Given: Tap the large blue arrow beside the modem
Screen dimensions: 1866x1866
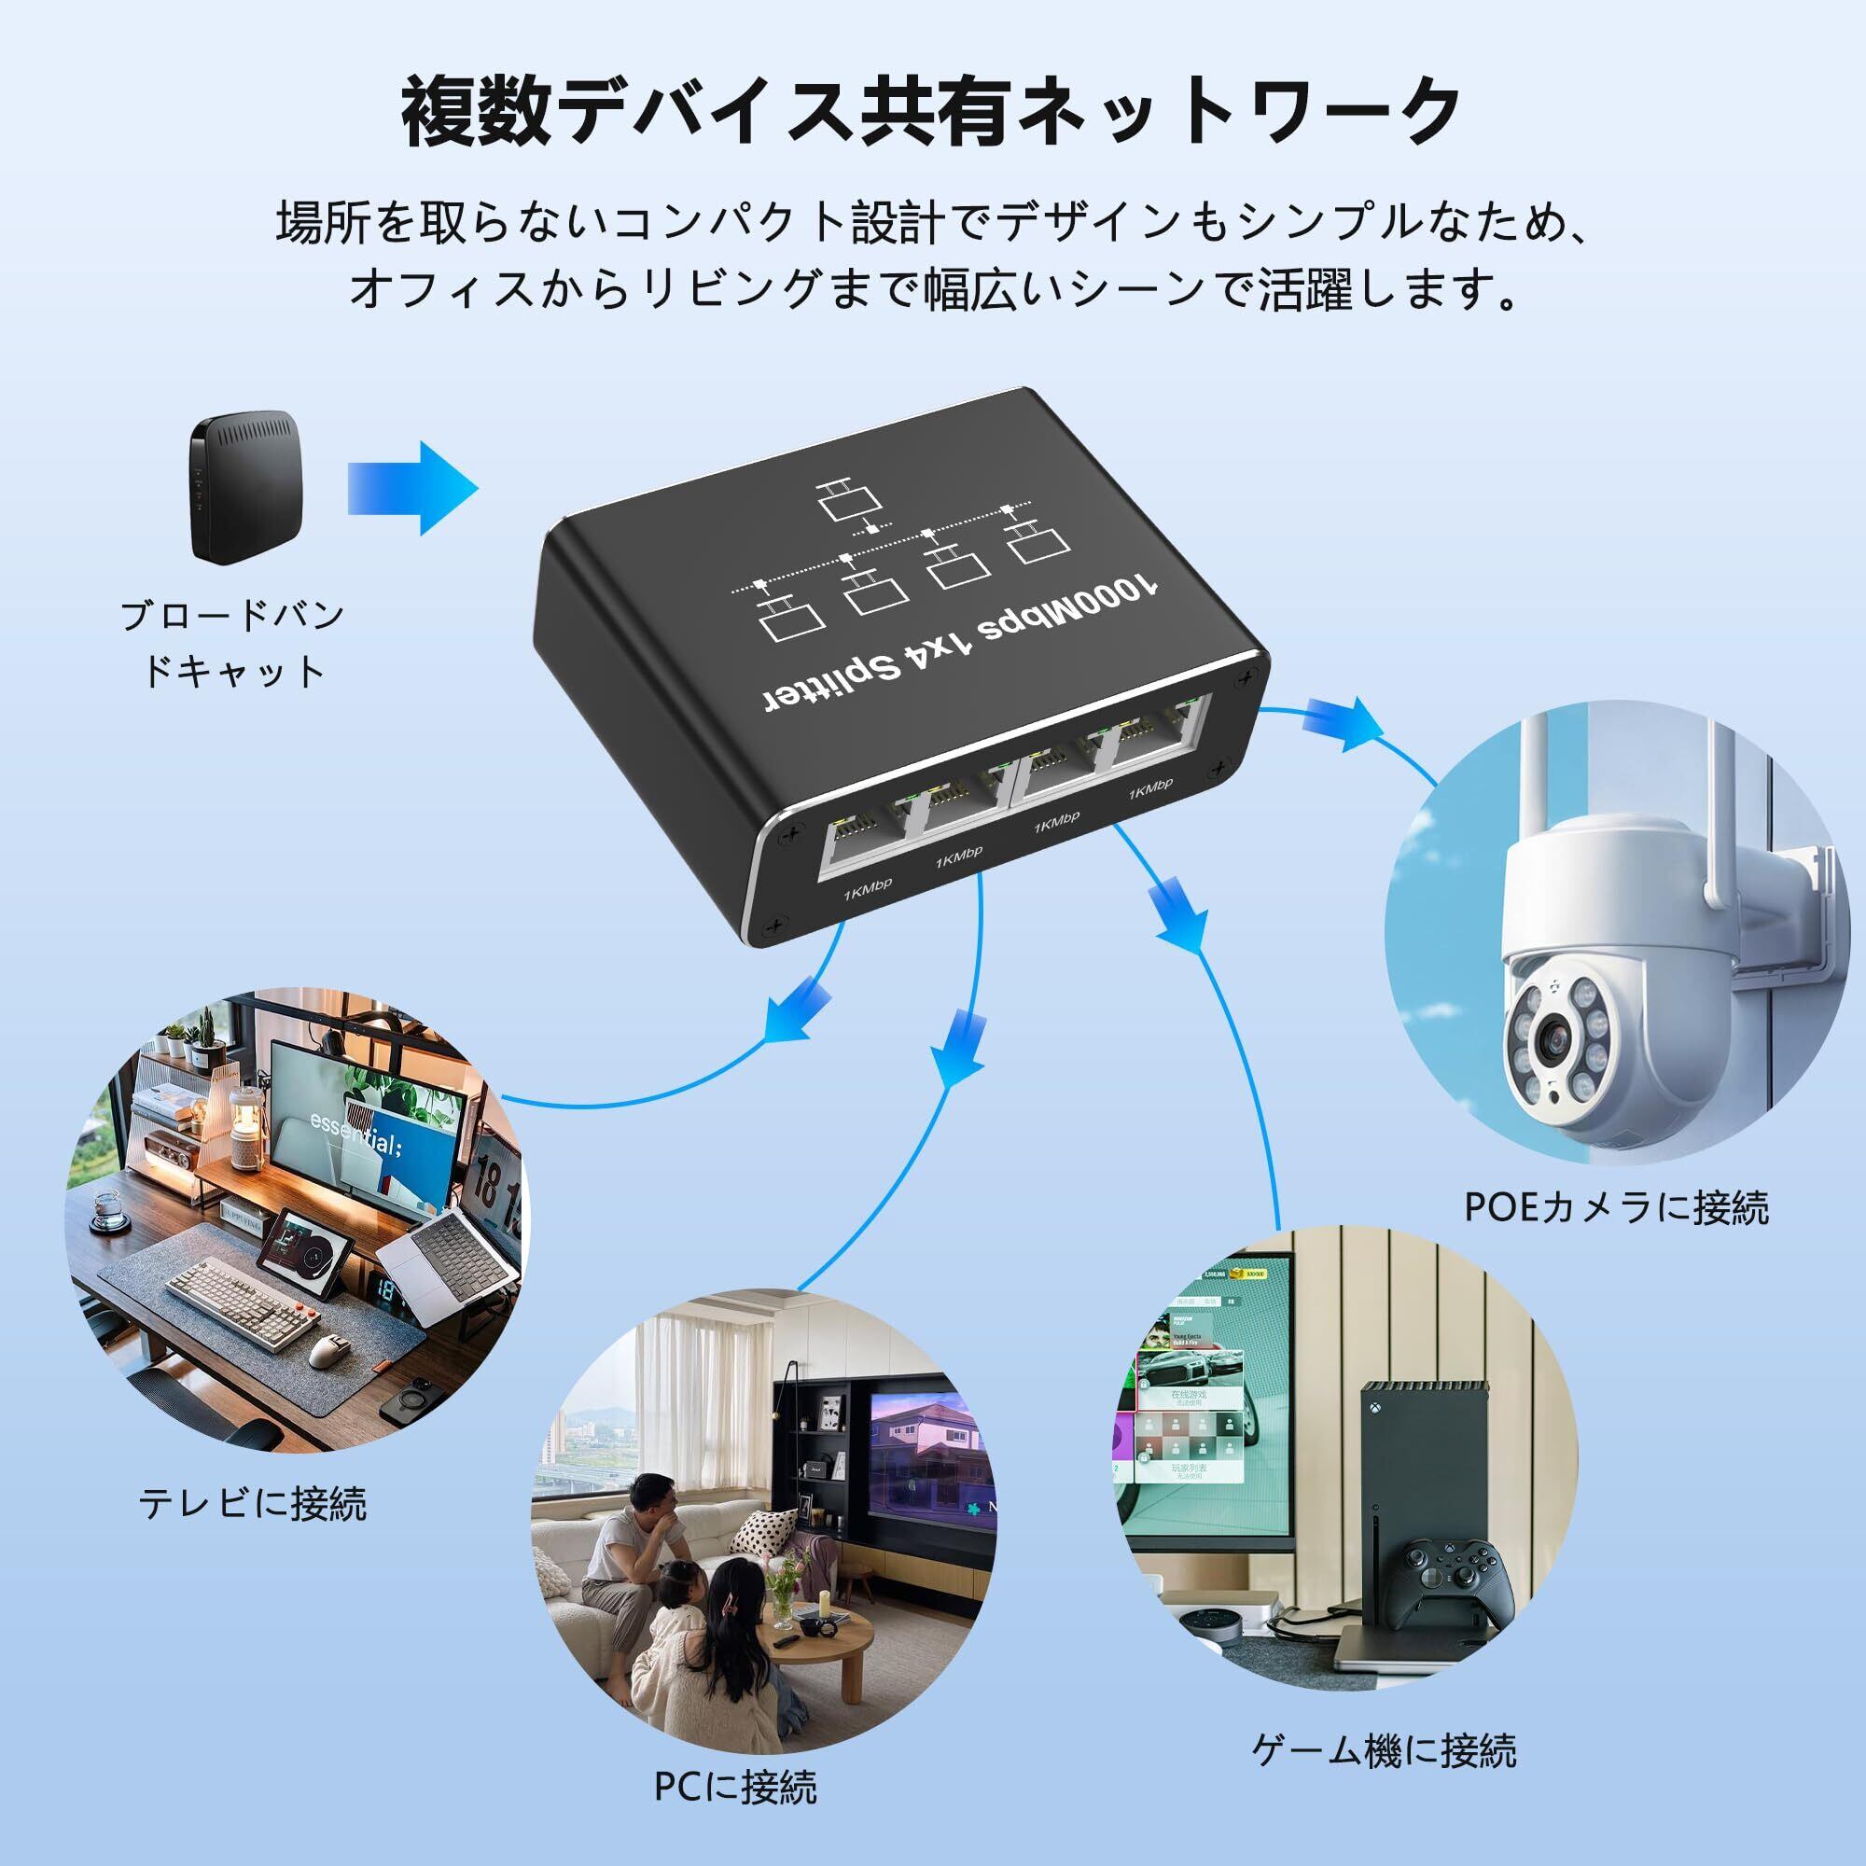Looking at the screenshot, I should pyautogui.click(x=412, y=488).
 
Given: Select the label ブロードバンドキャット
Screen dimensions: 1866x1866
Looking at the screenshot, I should pyautogui.click(x=231, y=643).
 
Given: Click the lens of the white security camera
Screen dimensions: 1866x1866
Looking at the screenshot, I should pyautogui.click(x=1557, y=1038).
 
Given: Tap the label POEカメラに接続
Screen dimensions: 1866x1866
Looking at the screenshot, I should pyautogui.click(x=1616, y=1208).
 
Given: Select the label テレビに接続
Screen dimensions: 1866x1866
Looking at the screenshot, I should pyautogui.click(x=253, y=1504).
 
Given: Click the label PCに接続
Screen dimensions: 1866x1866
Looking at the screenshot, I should pyautogui.click(x=735, y=1786).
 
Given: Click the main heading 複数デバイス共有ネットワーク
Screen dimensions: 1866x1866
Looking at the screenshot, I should pyautogui.click(x=932, y=113).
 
